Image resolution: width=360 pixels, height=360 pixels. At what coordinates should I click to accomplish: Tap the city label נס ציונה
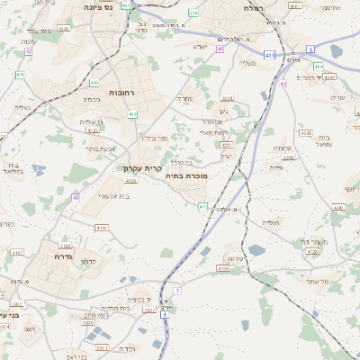(96, 7)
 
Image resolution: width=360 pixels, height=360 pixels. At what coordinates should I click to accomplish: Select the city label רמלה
(250, 7)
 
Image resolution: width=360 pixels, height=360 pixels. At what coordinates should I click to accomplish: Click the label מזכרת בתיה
(187, 176)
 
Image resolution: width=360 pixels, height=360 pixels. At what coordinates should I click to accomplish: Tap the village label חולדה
(272, 221)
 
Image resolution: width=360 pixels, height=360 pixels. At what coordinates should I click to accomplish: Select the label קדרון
(88, 261)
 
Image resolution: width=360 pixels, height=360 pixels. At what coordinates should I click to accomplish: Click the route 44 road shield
(283, 84)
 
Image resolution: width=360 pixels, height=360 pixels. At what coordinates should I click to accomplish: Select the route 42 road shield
(29, 51)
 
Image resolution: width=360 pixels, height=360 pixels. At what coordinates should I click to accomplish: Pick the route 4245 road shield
(306, 133)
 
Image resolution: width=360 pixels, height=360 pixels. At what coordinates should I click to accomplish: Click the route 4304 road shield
(227, 98)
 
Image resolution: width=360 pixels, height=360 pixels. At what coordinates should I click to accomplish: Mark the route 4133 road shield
(102, 229)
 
